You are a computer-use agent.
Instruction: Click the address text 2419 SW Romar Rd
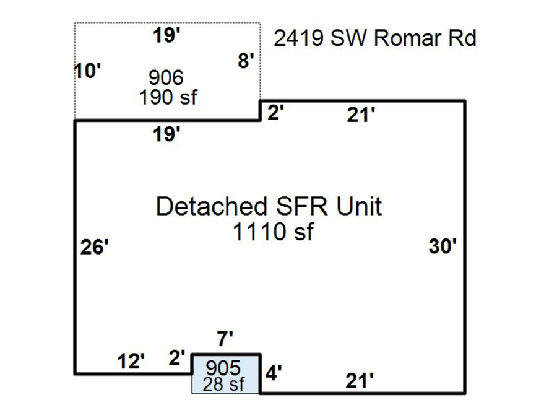pos(375,38)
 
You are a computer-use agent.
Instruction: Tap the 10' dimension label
pos(87,71)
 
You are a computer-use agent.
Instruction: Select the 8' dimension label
pos(246,61)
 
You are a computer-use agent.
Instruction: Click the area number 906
pos(166,78)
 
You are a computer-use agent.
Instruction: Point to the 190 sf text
pos(168,97)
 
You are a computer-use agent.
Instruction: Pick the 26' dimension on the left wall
pos(95,247)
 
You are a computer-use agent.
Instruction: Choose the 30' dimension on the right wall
pos(443,246)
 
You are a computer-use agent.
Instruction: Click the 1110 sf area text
pos(273,232)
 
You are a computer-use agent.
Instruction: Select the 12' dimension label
pos(131,361)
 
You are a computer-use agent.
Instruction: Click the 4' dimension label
pos(274,373)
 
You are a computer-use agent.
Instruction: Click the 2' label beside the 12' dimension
pos(177,357)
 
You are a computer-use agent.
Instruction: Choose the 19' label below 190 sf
pos(167,134)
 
